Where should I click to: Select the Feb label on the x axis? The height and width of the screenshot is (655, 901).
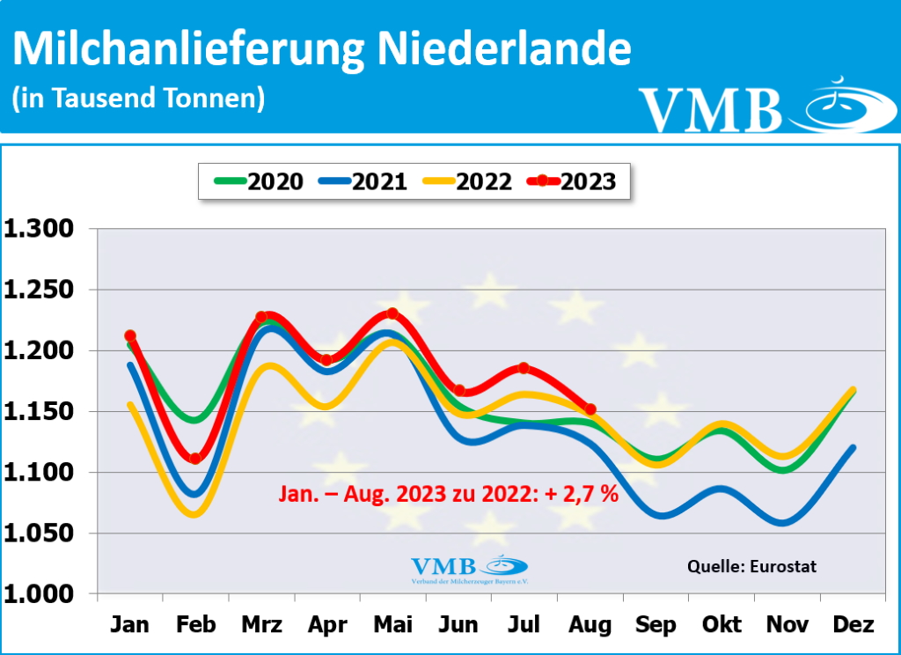195,625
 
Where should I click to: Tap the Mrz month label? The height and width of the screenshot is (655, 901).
261,625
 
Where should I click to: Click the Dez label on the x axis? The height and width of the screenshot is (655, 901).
853,625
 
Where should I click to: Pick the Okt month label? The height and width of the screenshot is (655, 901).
722,625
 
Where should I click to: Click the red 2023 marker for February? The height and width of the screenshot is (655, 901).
195,459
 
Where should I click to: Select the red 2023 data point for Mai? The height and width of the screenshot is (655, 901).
392,313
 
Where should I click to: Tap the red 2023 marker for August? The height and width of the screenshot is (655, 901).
590,409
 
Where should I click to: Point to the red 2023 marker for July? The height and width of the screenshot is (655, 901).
524,368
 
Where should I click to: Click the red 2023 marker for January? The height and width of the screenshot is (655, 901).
130,335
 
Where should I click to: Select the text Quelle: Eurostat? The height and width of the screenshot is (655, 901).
751,566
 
